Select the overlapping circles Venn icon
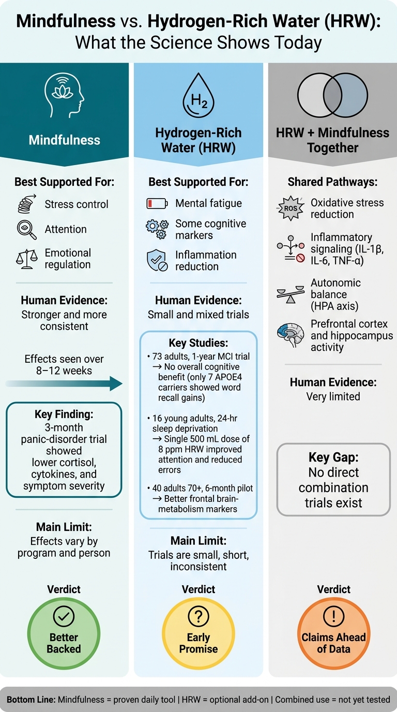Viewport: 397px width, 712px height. (332, 95)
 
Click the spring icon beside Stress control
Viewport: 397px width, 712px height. (27, 204)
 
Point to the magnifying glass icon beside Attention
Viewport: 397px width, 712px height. (27, 230)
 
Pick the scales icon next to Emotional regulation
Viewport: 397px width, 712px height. (27, 259)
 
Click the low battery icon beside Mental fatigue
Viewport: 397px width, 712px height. (157, 203)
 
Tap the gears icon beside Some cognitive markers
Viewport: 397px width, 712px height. (157, 229)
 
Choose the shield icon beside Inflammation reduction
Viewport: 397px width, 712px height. (157, 260)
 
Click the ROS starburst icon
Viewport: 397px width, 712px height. (291, 208)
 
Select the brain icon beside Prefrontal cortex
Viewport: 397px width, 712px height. (291, 335)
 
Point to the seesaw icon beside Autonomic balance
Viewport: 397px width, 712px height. (291, 294)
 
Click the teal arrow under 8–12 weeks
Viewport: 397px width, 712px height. (64, 383)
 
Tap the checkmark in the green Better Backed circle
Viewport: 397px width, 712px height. (64, 616)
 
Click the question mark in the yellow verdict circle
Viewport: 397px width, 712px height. (198, 616)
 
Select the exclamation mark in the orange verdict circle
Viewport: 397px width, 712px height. (333, 616)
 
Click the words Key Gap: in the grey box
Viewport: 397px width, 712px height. (333, 457)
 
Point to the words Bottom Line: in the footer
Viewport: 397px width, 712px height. (31, 700)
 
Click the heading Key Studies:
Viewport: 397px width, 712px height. (198, 343)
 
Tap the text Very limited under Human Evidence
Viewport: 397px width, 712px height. (333, 396)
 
